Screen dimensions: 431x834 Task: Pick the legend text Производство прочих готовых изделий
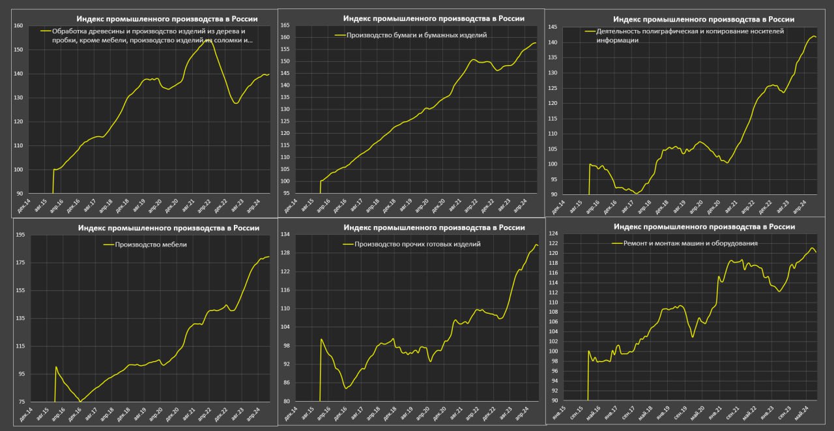pyautogui.click(x=417, y=244)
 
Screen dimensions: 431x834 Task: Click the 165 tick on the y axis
pyautogui.click(x=285, y=25)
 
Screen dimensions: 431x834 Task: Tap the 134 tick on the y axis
pyautogui.click(x=285, y=235)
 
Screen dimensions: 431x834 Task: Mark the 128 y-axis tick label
pyautogui.click(x=285, y=253)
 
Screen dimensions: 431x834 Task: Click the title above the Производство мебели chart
pyautogui.click(x=168, y=228)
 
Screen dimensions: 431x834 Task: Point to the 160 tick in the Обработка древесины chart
pyautogui.click(x=18, y=25)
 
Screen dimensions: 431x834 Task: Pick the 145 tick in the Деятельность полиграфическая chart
pyautogui.click(x=552, y=27)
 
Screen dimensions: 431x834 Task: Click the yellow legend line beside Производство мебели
pyautogui.click(x=108, y=245)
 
